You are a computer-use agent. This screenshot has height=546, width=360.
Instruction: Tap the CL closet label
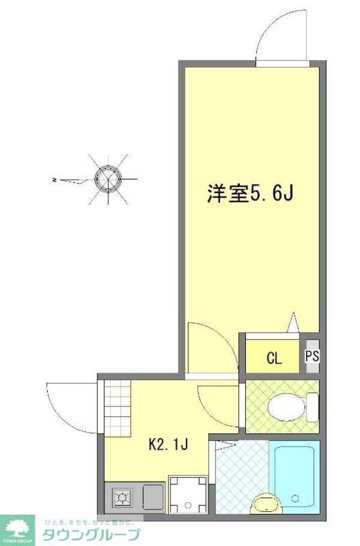point(274,359)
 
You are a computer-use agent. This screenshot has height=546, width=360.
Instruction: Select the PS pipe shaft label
point(312,356)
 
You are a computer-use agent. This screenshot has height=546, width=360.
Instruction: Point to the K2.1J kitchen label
point(169,445)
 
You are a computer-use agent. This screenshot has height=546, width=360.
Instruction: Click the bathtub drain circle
point(295,498)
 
